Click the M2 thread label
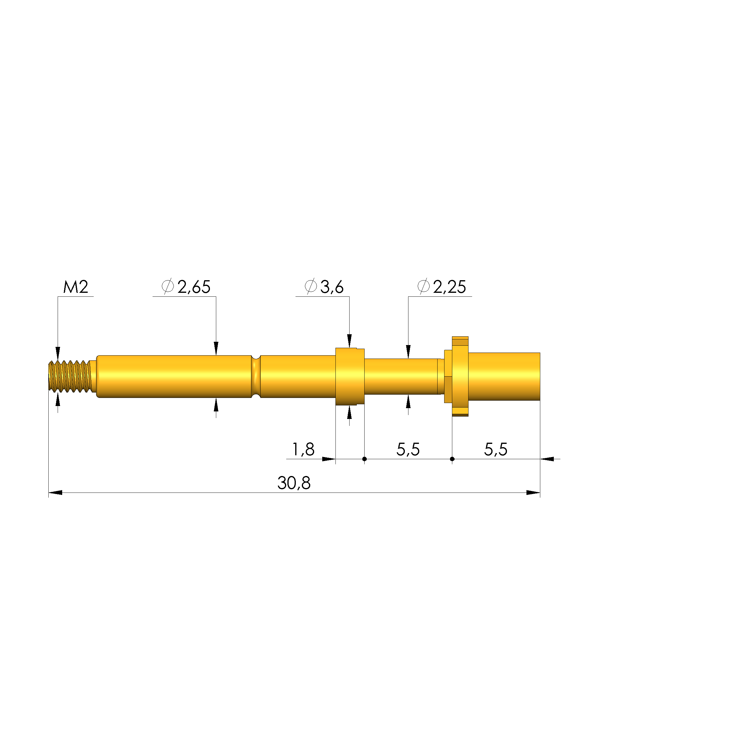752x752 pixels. coord(76,287)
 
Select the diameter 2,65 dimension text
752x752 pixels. coord(193,287)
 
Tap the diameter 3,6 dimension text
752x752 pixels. coord(332,287)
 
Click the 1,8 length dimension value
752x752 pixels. coord(303,450)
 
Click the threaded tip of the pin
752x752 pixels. coord(70,376)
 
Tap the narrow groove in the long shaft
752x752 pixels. coord(256,376)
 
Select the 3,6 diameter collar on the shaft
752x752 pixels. coord(349,376)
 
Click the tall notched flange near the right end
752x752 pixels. coord(460,376)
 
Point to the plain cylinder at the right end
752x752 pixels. coord(504,376)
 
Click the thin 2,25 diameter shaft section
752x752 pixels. coord(401,376)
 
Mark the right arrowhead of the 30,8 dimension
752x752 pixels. coord(533,493)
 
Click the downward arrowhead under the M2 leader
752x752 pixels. coord(58,353)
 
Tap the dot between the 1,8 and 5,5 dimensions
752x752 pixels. coord(364,459)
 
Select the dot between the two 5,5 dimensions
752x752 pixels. coord(452,459)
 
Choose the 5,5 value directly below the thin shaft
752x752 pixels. coord(408,450)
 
